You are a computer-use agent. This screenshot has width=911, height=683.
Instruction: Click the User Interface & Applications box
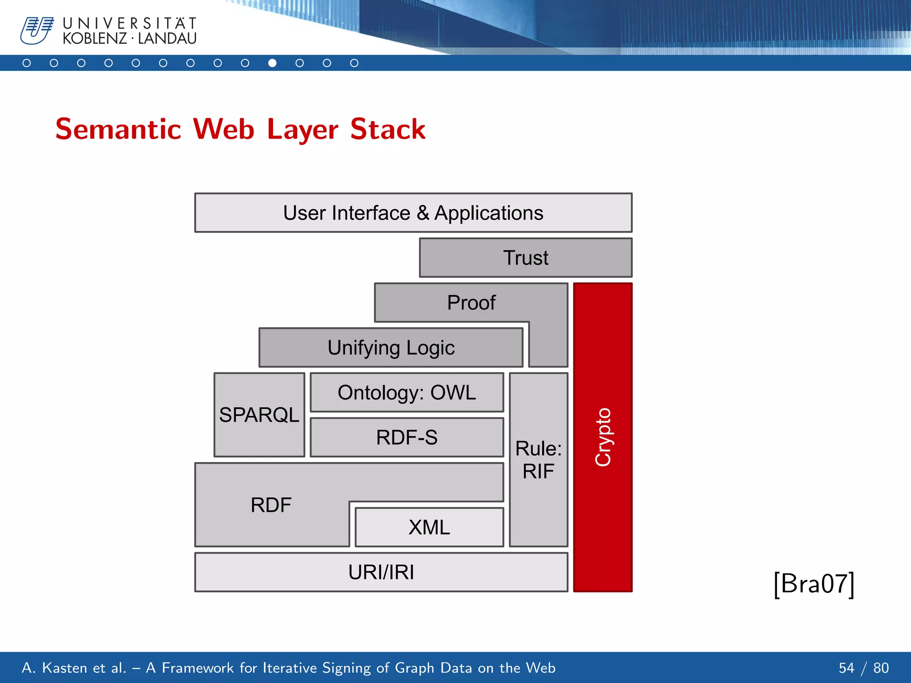(x=413, y=213)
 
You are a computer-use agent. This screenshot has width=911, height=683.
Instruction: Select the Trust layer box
(x=525, y=258)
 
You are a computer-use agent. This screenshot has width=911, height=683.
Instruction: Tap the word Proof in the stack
(x=471, y=303)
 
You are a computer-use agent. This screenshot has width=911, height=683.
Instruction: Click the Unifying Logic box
(x=391, y=348)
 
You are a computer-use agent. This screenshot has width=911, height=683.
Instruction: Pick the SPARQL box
(x=259, y=415)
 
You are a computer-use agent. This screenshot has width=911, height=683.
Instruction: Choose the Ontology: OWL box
(x=407, y=393)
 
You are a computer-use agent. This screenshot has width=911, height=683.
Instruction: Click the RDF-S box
(x=407, y=438)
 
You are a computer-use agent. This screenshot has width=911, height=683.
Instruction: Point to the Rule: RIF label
(x=538, y=460)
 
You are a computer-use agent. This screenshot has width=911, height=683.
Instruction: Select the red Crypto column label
(x=603, y=437)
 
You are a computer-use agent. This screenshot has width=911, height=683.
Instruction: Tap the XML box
(x=429, y=527)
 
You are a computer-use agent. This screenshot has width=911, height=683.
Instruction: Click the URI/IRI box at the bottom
(x=381, y=572)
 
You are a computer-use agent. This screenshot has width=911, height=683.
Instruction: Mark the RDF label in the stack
(x=271, y=505)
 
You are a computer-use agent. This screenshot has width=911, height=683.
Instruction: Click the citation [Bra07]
(x=814, y=584)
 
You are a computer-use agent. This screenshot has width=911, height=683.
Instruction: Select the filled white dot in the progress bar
(x=272, y=63)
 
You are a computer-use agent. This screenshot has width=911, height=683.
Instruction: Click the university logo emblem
(x=37, y=30)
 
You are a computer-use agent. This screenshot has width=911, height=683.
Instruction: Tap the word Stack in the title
(x=387, y=129)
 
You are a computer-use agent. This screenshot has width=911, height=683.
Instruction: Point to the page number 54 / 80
(x=863, y=668)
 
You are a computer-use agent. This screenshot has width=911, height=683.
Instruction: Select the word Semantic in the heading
(x=118, y=129)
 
